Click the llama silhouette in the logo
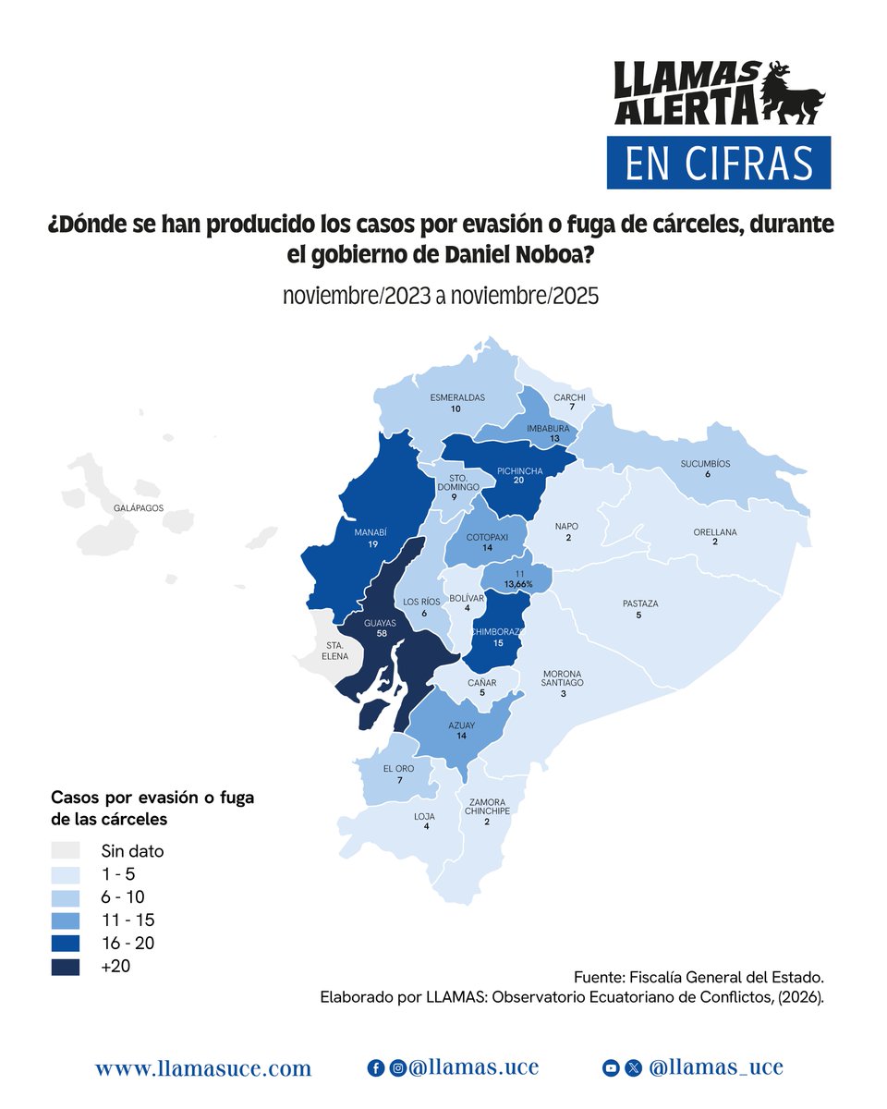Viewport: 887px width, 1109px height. point(793,93)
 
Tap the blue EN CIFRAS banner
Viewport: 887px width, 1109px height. point(718,163)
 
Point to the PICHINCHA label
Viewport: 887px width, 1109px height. point(519,470)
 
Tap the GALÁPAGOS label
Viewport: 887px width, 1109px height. point(139,508)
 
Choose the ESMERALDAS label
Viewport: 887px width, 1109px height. point(456,397)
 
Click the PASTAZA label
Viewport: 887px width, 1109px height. point(638,603)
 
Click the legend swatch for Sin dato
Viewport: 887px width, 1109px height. point(66,850)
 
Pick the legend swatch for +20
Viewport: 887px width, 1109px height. point(66,967)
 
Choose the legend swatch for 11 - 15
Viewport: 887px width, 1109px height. point(66,920)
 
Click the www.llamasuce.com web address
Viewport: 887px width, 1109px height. point(203,1069)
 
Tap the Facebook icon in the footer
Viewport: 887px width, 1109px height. point(376,1068)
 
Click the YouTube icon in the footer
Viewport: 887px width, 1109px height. point(611,1068)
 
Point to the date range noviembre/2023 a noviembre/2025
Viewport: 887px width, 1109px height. point(441,297)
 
